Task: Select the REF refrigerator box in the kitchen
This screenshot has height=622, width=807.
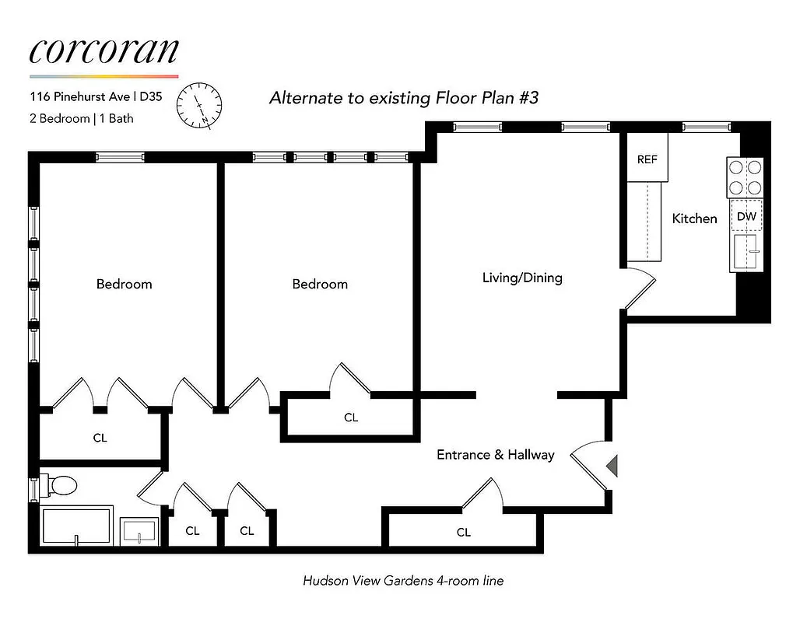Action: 647,159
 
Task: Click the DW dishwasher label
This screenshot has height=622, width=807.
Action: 746,216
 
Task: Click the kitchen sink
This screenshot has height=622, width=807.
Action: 746,252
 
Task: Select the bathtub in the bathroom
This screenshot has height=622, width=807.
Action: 76,526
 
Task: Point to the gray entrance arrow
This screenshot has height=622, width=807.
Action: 612,466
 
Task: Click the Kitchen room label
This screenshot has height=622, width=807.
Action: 694,219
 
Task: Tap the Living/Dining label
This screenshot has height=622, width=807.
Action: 521,278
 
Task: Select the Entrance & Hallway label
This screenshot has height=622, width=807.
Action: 495,455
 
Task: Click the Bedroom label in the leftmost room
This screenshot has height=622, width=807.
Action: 124,284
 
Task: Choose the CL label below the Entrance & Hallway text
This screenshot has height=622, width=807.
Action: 463,533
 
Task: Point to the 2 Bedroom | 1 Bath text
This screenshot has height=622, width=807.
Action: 82,119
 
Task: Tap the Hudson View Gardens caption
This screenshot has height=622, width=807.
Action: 402,580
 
